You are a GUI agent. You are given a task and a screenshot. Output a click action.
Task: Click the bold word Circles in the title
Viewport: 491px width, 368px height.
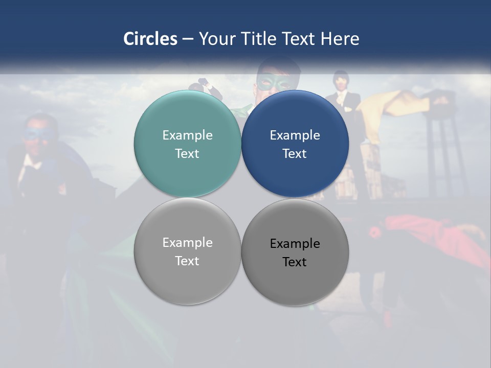coord(150,39)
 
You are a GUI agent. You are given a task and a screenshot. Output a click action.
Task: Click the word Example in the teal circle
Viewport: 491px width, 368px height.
coord(187,135)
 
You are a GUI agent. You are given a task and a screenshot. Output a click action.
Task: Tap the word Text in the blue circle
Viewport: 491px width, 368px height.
coord(295,153)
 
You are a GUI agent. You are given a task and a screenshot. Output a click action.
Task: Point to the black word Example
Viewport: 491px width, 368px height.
coord(295,243)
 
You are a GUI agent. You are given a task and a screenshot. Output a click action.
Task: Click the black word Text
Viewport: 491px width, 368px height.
coord(295,262)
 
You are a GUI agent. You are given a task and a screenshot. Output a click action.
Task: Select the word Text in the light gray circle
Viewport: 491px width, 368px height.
coord(187,261)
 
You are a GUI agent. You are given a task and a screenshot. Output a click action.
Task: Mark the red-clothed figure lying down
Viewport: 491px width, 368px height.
coord(435,235)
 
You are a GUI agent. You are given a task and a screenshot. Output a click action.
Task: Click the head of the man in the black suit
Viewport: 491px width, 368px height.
coord(340,80)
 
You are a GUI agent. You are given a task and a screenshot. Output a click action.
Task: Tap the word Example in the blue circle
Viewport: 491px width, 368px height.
coord(295,135)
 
